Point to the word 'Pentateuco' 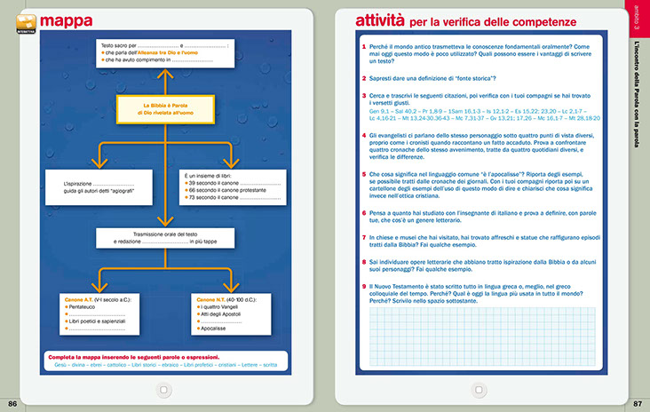85,308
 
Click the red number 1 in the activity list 364,46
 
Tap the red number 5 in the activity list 364,175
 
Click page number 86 12,404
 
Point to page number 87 637,404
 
